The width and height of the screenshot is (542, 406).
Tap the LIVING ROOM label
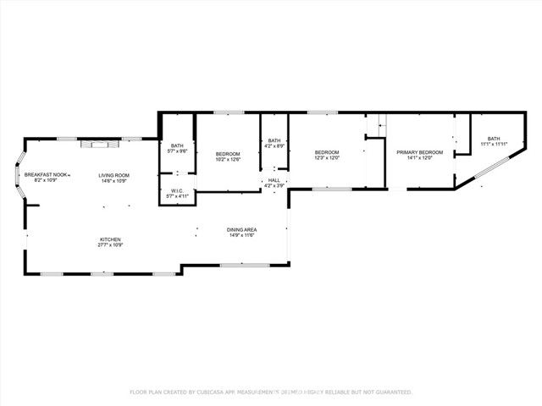(113, 175)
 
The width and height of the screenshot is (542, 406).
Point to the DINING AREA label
(241, 230)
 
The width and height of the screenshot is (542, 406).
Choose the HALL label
(274, 180)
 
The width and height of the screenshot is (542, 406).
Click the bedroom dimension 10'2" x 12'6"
(228, 158)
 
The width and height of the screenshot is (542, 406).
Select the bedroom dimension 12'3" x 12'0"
(327, 157)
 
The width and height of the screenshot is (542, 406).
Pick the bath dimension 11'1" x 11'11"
(493, 144)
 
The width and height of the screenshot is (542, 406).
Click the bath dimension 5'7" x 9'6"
(177, 151)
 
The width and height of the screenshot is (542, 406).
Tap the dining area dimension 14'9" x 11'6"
(241, 236)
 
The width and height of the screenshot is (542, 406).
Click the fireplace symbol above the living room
(91, 143)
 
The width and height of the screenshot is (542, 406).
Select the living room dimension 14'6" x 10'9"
(113, 181)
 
